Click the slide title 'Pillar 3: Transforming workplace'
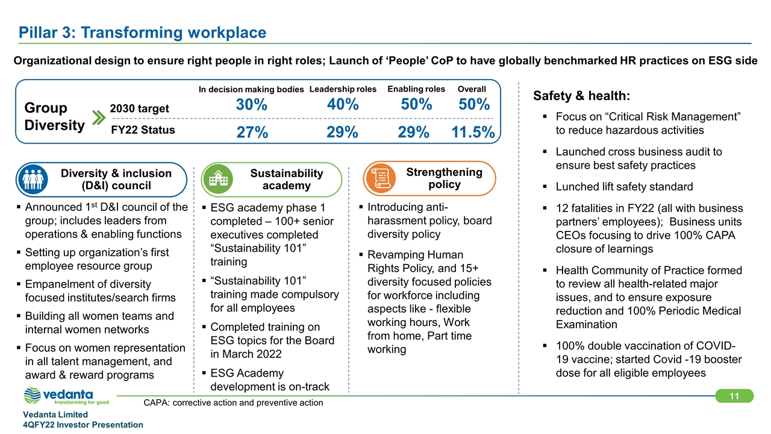tap(142, 33)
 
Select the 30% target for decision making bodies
tap(252, 105)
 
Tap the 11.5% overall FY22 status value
tap(473, 133)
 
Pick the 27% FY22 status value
tap(252, 133)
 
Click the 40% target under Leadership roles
tap(343, 105)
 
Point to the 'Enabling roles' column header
tap(416, 89)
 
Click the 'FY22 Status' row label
tap(143, 130)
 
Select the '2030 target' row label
tap(140, 108)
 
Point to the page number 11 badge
tap(734, 396)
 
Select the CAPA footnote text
tap(233, 403)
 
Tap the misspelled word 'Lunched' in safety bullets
tap(575, 186)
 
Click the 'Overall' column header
tap(472, 89)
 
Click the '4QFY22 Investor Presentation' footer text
tap(83, 425)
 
